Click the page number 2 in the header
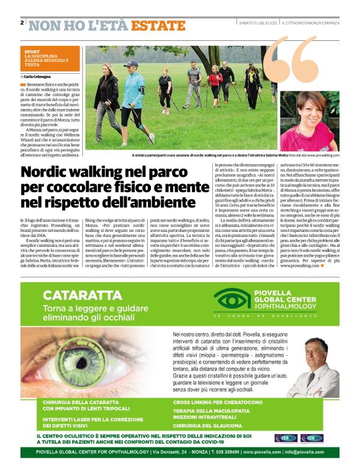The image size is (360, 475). coord(22,23)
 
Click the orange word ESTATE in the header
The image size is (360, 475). coord(158,25)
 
